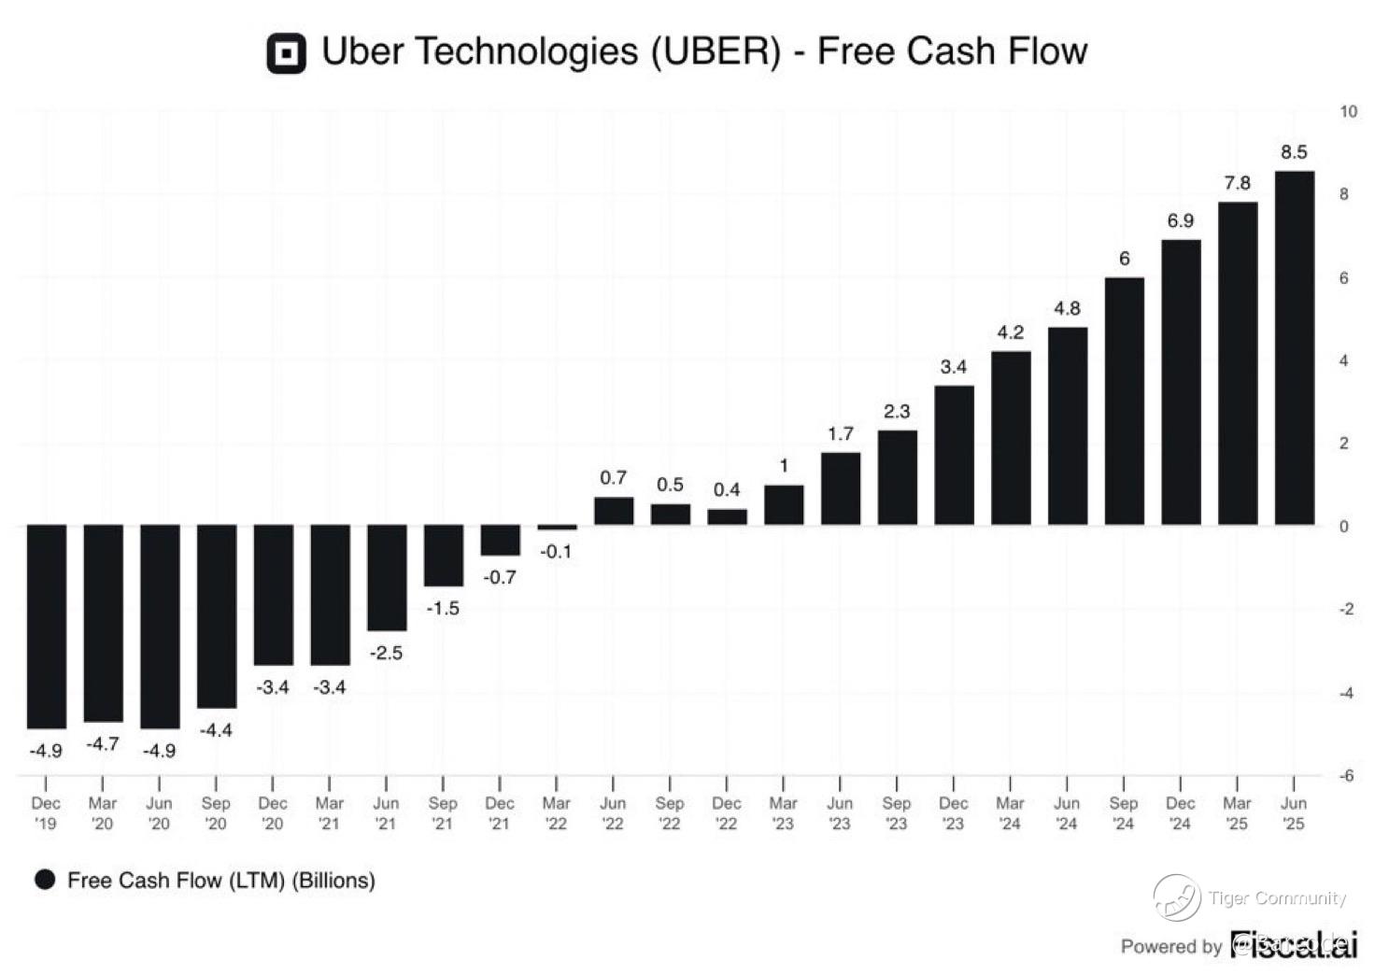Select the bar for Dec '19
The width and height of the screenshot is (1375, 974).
46,626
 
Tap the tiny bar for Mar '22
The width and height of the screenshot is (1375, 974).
557,528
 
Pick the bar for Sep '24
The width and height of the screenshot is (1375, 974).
1124,401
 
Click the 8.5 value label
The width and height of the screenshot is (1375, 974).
1294,152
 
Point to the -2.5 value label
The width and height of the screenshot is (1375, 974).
386,653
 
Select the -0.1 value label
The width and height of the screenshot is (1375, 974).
556,552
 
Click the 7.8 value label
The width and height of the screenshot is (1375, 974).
1237,183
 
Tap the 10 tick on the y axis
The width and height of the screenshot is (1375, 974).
1348,111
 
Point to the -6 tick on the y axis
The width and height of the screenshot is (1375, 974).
1345,775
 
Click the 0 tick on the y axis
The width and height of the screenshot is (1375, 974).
1344,526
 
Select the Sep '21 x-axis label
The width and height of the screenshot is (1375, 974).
443,812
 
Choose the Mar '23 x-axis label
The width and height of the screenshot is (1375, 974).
783,812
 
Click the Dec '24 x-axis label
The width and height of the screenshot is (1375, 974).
1180,812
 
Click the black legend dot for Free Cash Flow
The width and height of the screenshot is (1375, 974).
45,880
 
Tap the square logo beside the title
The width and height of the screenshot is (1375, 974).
286,53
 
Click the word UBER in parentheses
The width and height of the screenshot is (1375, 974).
716,51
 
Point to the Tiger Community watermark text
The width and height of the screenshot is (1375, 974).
1276,898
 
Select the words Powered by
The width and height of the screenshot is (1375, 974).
1171,946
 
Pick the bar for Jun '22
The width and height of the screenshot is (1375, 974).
614,511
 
